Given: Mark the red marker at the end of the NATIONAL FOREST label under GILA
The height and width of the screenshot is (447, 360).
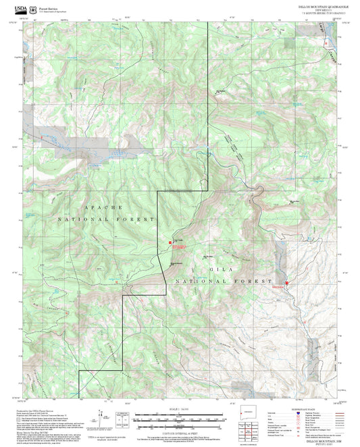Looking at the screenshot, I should [x=286, y=283].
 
